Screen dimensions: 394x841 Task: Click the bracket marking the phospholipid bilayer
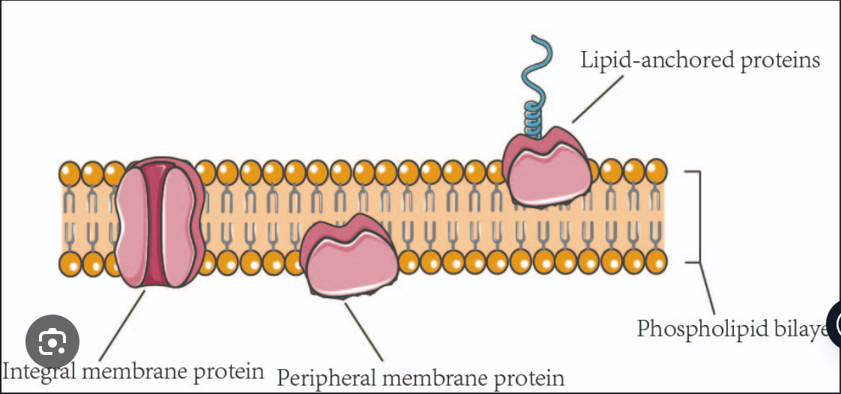click(700, 217)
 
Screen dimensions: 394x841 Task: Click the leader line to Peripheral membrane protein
click(364, 330)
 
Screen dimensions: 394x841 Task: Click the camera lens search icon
click(52, 343)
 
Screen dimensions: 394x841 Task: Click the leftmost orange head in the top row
click(70, 174)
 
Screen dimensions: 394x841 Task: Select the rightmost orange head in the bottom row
click(656, 262)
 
